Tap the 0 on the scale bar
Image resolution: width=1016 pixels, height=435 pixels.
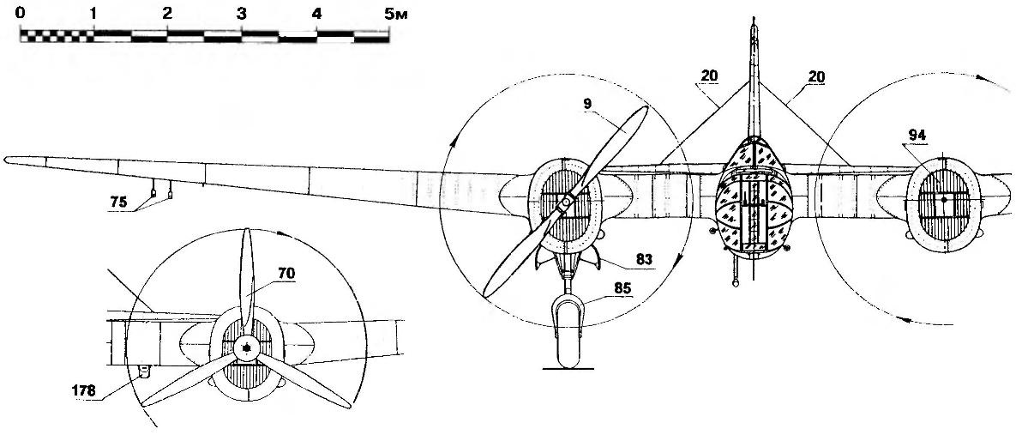coord(20,15)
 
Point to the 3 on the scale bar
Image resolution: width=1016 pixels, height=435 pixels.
coord(242,15)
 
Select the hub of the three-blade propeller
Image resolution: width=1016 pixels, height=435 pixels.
coord(247,347)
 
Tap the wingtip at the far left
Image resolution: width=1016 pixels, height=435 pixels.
coord(8,158)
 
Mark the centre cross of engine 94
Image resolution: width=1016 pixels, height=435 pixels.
coord(943,199)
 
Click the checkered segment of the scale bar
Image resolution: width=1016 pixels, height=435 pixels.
coord(56,36)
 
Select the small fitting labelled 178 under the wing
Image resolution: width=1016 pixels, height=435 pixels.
coord(144,371)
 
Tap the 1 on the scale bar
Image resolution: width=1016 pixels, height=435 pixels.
coord(93,15)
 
